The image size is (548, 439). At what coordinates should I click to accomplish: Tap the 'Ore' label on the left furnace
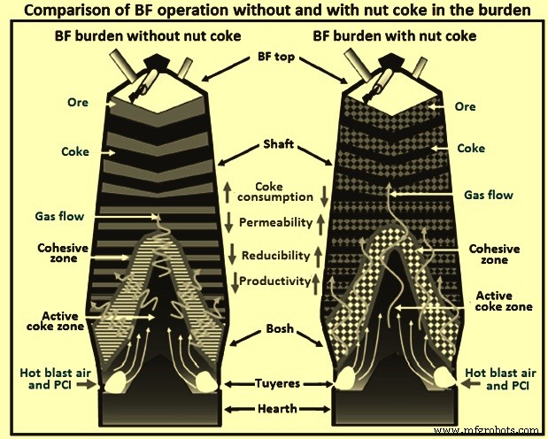point(78,103)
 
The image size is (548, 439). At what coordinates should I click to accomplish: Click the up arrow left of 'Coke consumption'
point(227,191)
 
